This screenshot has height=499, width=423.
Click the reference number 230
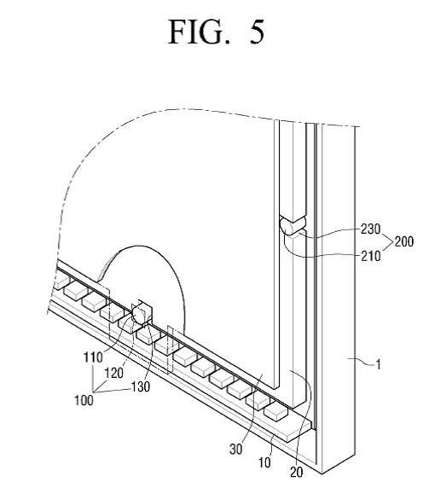(x=370, y=229)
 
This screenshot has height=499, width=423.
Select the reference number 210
(x=371, y=256)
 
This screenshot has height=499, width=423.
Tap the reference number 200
(x=404, y=242)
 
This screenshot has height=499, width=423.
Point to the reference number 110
(x=93, y=357)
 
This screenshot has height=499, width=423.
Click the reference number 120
(x=113, y=373)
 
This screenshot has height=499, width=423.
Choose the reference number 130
(x=140, y=386)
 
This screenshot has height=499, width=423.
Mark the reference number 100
(x=84, y=400)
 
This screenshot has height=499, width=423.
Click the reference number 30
(x=236, y=450)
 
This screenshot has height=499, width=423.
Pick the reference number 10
(x=264, y=462)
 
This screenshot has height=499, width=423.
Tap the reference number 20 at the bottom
(x=296, y=473)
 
